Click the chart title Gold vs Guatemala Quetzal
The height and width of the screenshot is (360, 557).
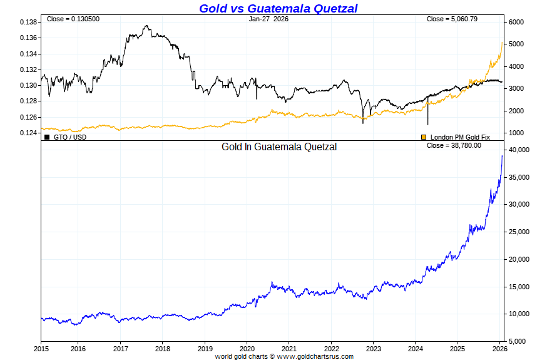278,8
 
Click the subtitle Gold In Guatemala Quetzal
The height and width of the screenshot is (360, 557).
279,147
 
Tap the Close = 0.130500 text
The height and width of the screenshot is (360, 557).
73,19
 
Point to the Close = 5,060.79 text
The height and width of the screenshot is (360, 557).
452,19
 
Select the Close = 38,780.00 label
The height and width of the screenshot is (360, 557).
454,145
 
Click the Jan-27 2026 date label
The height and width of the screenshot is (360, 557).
268,19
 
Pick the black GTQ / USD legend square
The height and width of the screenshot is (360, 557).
47,136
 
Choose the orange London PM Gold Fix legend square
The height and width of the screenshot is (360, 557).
424,136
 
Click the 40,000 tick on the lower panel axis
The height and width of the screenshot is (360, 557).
519,150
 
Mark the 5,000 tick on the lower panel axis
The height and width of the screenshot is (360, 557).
517,341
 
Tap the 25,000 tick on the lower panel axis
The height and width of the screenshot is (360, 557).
519,232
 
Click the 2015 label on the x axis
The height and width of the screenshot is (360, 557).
41,348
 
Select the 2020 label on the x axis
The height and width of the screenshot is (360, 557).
247,348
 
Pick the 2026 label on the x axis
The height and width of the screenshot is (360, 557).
499,348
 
